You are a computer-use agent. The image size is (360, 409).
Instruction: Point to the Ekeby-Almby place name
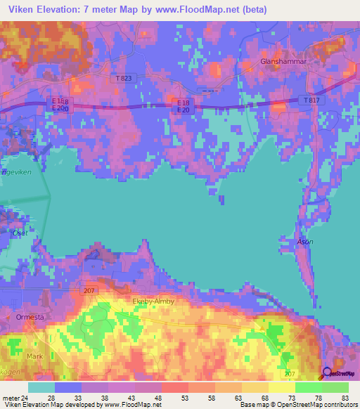(153, 301)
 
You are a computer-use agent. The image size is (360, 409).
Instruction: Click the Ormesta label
(29, 318)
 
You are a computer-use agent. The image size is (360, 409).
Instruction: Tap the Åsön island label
(304, 241)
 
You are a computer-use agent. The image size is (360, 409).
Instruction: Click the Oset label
(19, 232)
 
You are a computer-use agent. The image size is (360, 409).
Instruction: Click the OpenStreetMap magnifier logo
(327, 374)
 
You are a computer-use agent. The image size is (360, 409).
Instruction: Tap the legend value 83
(344, 398)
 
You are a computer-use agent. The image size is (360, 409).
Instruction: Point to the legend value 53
(184, 398)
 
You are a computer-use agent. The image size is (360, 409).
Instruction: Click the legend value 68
(264, 398)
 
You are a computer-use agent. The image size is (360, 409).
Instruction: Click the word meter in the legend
(9, 398)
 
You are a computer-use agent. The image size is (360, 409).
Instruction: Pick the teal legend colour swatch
(41, 387)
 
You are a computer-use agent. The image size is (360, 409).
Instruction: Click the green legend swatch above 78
(309, 387)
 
